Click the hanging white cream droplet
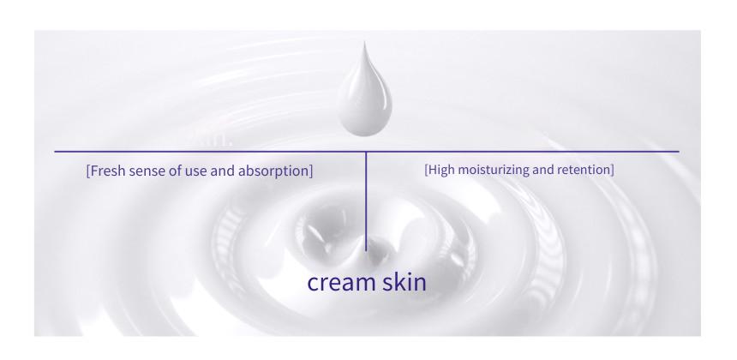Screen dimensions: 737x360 [x=365, y=94]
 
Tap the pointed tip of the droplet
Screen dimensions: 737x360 [x=364, y=42]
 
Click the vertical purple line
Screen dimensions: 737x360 [x=366, y=201]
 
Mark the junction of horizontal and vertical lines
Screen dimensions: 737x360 [x=366, y=152]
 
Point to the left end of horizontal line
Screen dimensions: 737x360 [x=55, y=152]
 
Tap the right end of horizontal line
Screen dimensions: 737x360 [x=680, y=152]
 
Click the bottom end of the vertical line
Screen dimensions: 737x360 [x=366, y=251]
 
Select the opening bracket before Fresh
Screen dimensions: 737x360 [x=88, y=171]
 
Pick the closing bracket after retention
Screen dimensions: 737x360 [x=612, y=170]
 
